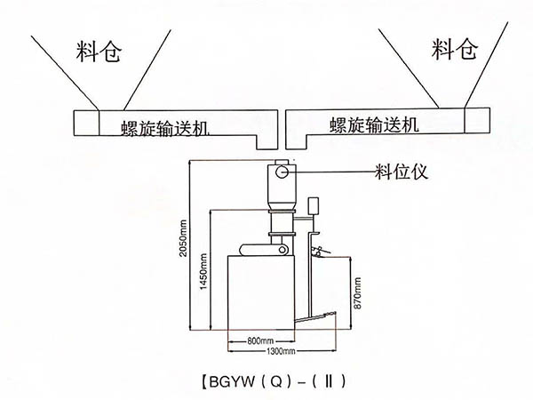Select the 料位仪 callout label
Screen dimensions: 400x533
coord(402,171)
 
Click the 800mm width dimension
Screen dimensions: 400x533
coord(259,340)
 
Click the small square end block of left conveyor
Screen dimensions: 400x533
coord(84,122)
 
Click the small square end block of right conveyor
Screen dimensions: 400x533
coord(477,121)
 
